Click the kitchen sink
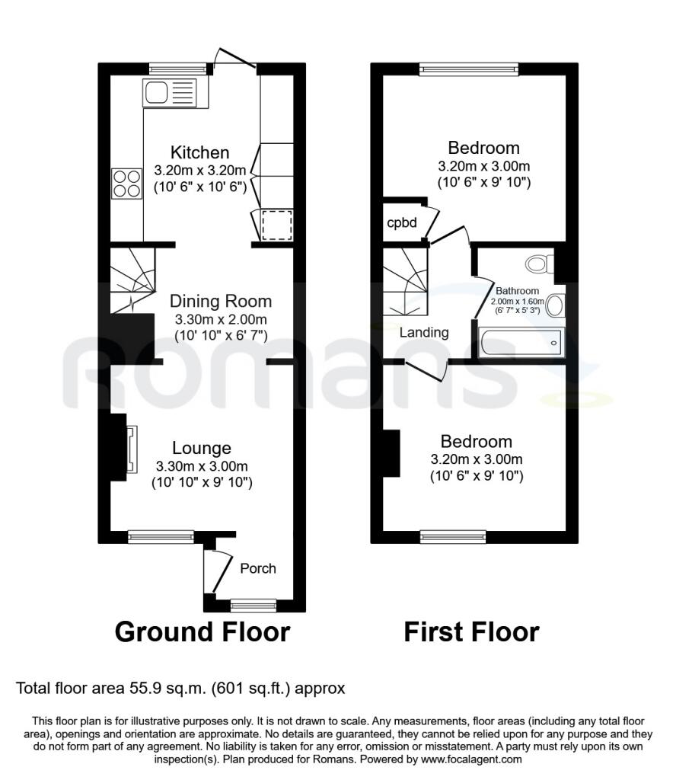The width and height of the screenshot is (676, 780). [170, 92]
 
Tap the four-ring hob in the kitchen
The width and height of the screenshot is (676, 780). [126, 184]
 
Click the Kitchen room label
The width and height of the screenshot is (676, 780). [199, 152]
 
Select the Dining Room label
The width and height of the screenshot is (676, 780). [221, 301]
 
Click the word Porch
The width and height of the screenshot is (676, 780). [258, 568]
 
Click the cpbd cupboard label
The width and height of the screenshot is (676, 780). [402, 222]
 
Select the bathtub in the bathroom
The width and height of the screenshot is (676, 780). [520, 342]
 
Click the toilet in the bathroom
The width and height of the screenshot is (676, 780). [540, 263]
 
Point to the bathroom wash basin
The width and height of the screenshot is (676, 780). [555, 305]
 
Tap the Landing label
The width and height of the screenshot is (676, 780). [424, 332]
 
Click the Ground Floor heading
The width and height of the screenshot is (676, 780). [202, 631]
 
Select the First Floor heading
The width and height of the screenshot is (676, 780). [471, 631]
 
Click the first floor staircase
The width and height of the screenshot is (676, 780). [405, 282]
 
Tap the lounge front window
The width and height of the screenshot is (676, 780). [161, 536]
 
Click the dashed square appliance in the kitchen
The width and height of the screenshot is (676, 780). [277, 225]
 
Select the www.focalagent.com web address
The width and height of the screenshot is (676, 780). [471, 759]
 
